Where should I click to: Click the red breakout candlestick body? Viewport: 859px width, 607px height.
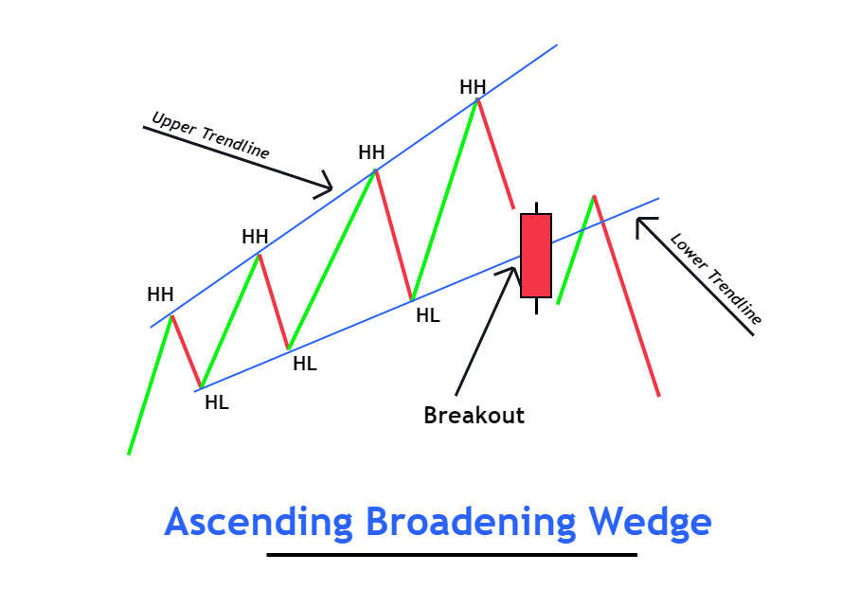535,255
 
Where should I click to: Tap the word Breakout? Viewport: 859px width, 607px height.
474,415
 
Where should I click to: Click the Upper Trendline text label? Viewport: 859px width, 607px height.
210,135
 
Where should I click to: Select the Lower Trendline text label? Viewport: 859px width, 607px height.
716,278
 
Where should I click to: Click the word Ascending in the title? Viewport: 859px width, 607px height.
258,523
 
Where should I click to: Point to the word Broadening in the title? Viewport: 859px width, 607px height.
470,523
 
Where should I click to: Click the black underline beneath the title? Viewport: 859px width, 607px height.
452,555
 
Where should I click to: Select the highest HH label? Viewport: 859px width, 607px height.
473,87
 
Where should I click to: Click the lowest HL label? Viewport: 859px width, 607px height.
217,402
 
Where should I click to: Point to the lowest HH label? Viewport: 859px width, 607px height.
160,295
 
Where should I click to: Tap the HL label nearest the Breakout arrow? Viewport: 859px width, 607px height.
428,315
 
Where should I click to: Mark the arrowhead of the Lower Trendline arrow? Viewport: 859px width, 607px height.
642,223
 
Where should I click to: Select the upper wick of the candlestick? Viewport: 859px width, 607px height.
536,207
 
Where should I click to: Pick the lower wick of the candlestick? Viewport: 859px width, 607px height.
536,305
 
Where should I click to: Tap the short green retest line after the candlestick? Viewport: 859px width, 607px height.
576,250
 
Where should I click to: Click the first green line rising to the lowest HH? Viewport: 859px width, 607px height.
150,384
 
